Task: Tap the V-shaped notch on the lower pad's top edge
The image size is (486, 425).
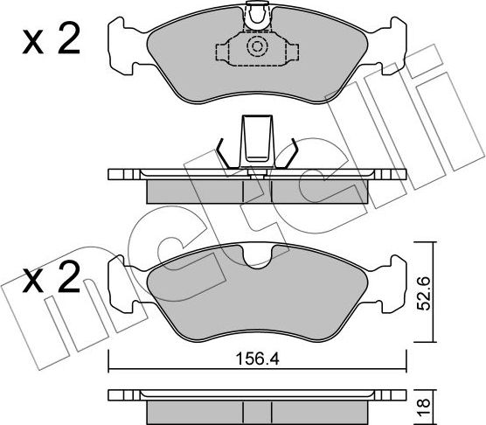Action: [258, 256]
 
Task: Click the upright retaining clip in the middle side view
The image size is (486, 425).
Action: [257, 140]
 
